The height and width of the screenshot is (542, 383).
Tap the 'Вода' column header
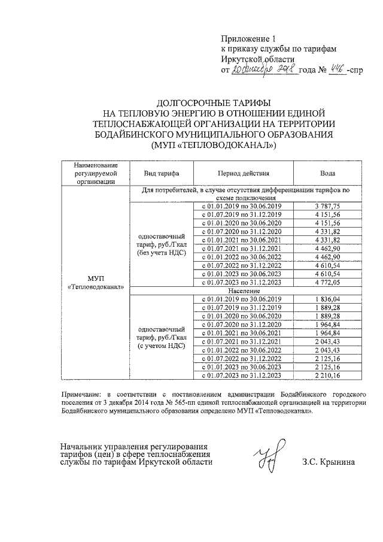coord(327,172)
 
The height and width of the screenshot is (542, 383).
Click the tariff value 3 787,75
coord(327,207)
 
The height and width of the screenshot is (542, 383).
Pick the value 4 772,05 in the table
coord(327,282)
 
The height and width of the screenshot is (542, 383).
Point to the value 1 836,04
coord(327,299)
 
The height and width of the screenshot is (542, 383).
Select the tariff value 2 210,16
coord(327,375)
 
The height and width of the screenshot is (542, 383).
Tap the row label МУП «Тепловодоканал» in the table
coord(96,282)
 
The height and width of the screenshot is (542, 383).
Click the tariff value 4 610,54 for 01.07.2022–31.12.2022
coord(327,265)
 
